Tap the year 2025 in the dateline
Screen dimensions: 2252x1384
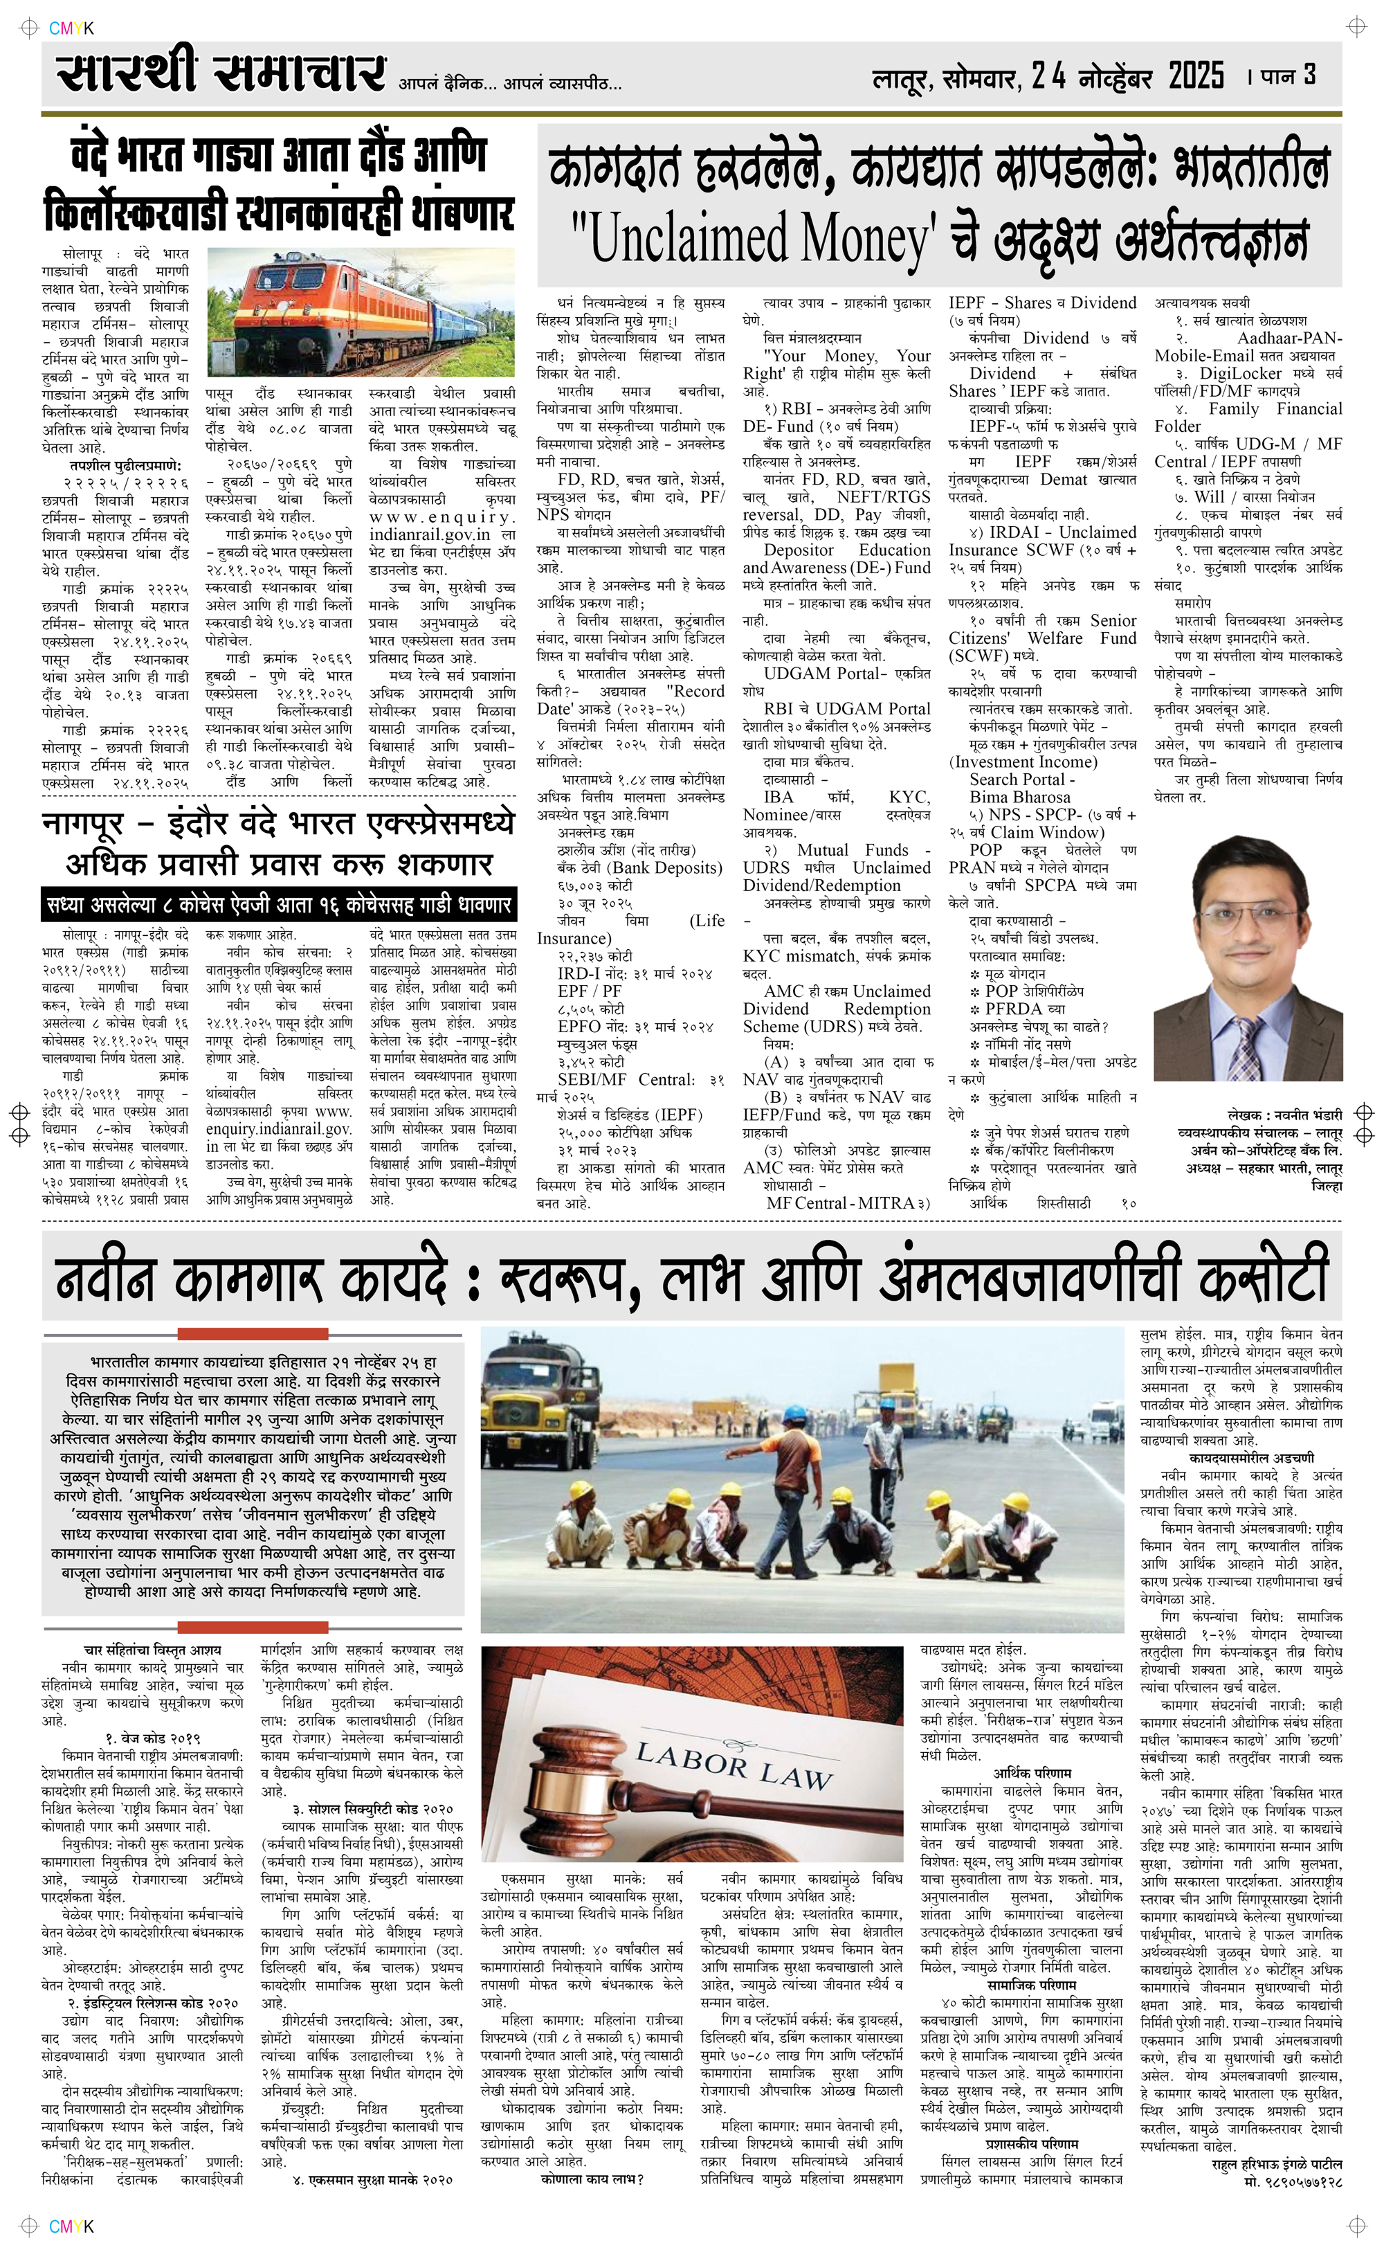[1196, 75]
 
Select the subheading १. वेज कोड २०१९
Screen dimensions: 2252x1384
[153, 1738]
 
